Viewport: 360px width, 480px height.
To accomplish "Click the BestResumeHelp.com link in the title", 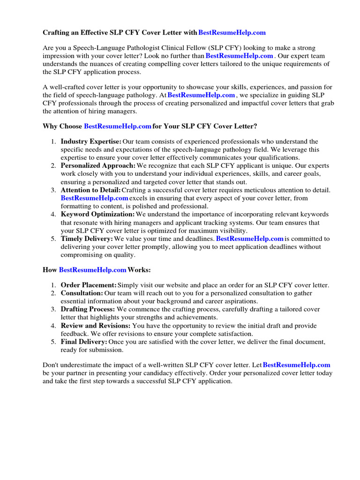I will (x=232, y=33).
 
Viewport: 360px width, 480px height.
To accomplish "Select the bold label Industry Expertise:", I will (x=91, y=142).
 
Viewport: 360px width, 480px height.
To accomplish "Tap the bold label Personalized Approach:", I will (x=98, y=166).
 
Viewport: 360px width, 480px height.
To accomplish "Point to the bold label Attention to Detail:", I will (x=91, y=190).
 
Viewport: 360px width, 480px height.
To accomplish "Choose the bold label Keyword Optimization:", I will (x=97, y=214).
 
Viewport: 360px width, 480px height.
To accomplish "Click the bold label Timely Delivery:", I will (x=87, y=239).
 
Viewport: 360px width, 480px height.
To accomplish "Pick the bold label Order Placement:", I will (x=89, y=285).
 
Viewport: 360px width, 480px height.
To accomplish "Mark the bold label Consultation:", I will (x=82, y=293).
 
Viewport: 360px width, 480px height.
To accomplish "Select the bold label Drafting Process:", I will (x=88, y=309).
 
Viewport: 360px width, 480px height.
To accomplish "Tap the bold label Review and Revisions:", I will (x=96, y=325).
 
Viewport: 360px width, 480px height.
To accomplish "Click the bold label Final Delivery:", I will (x=84, y=342).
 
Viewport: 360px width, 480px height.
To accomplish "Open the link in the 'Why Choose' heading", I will (x=117, y=127).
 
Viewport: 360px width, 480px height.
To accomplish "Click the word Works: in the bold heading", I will (x=140, y=270).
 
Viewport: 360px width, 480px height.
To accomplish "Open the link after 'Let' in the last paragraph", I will (x=297, y=365).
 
